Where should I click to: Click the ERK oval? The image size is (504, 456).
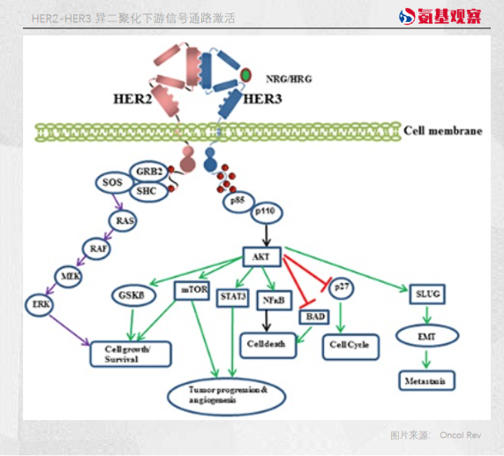pos(38,304)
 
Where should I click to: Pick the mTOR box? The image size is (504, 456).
pos(191,291)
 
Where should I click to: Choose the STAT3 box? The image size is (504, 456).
pos(233,297)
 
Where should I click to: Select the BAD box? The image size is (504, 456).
pos(313,317)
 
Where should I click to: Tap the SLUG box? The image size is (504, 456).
pos(428,294)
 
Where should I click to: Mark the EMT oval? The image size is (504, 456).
pos(428,336)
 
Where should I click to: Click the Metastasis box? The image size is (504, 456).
pos(426,380)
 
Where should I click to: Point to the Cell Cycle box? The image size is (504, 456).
pos(349,346)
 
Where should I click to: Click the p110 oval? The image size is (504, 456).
pos(267,213)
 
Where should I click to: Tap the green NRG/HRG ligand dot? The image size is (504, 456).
pos(246,75)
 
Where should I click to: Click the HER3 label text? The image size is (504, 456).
pos(262,99)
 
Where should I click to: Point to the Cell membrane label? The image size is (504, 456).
pos(443,130)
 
